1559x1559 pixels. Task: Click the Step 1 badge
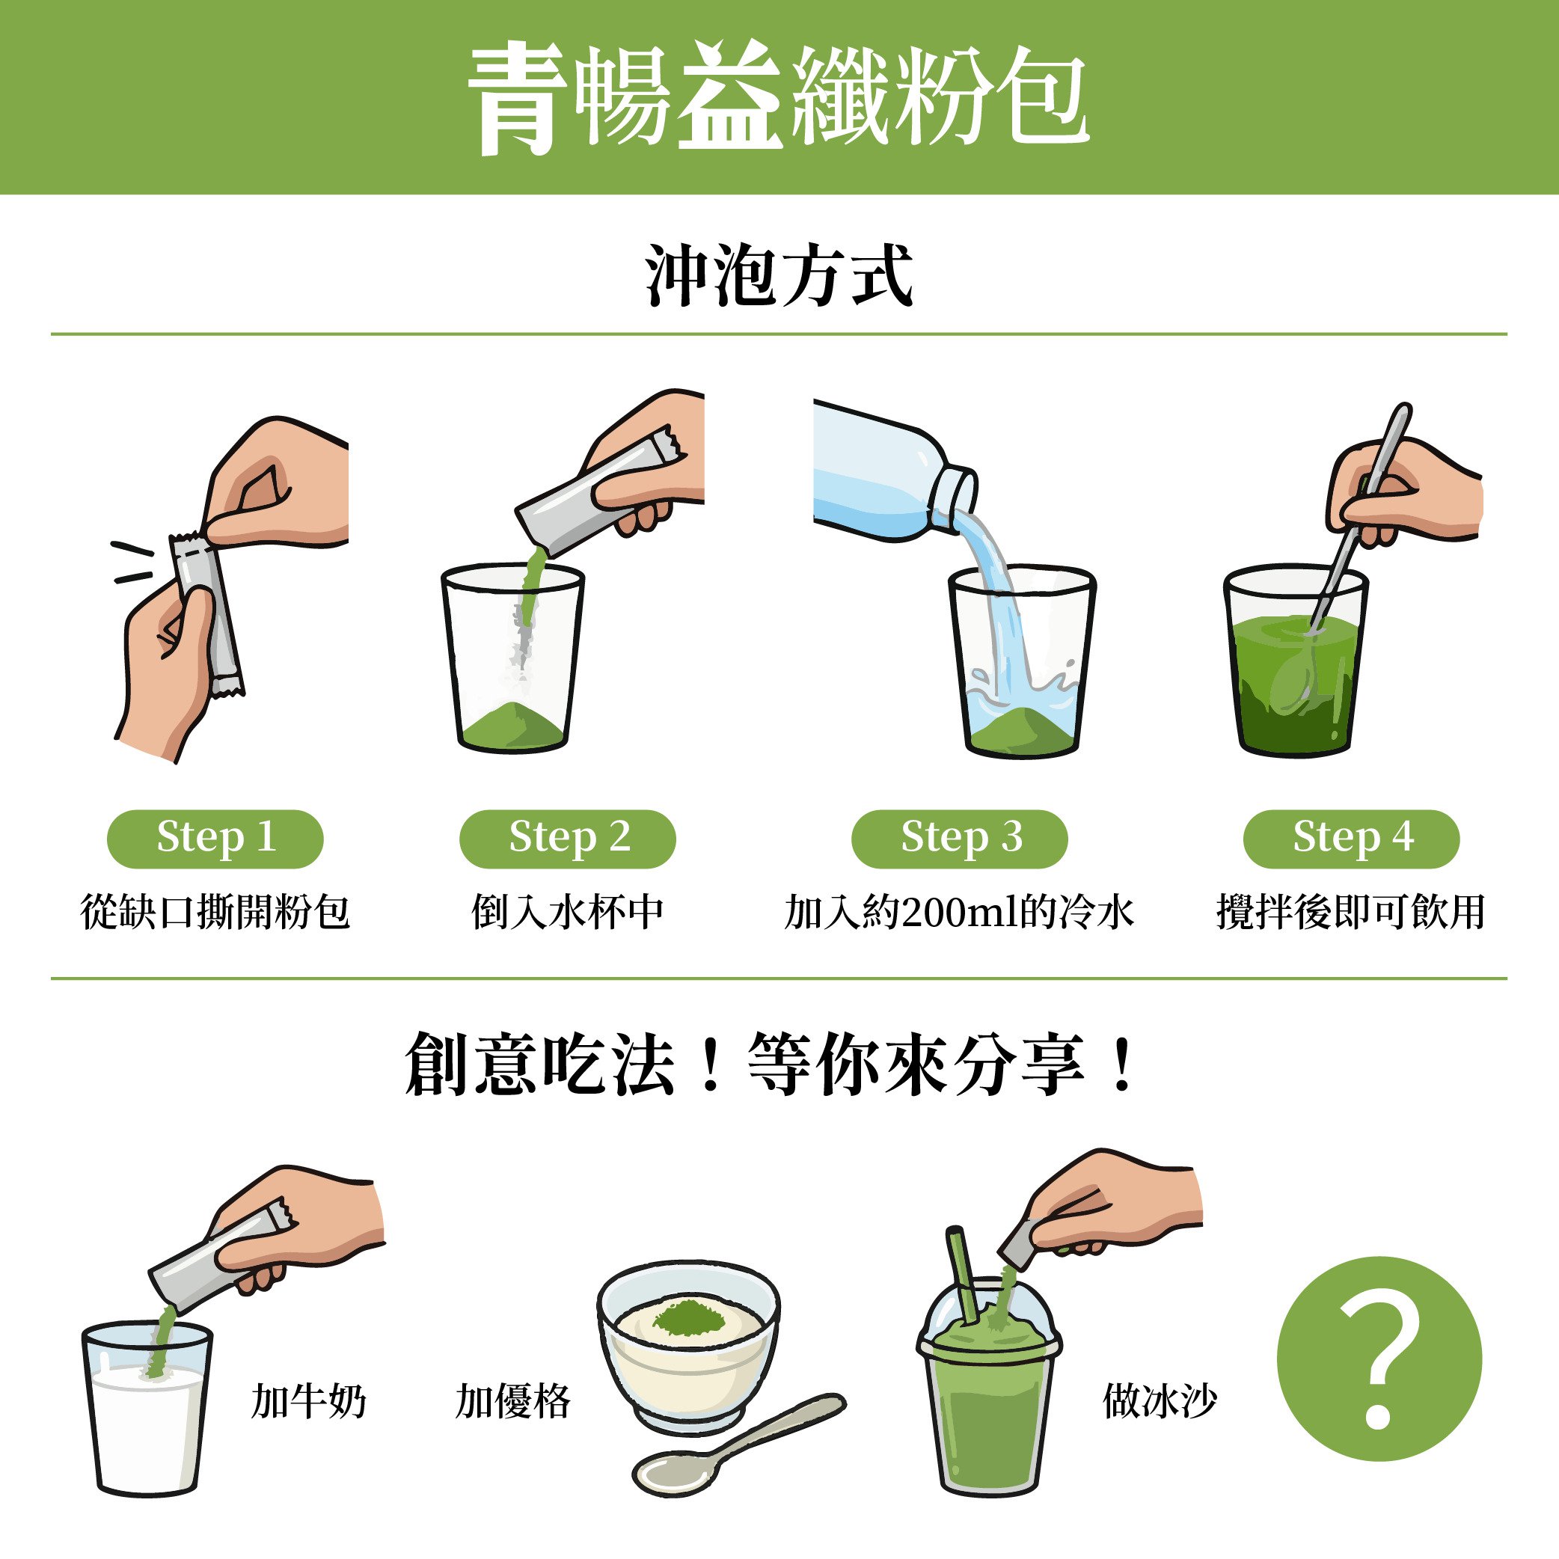(215, 839)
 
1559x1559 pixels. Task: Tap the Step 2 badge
(567, 839)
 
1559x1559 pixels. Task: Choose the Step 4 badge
(1351, 839)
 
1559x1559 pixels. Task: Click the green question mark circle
(1378, 1359)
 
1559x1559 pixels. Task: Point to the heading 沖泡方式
(779, 277)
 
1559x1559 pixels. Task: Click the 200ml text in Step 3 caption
(961, 913)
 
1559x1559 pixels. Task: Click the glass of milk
(147, 1420)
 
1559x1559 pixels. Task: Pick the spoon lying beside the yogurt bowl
(726, 1453)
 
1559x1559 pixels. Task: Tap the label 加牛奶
(308, 1402)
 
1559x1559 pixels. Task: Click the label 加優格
(512, 1402)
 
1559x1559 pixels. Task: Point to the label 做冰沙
(1159, 1402)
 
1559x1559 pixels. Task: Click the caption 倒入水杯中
(567, 913)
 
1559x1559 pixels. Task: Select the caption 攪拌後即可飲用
(1351, 913)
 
